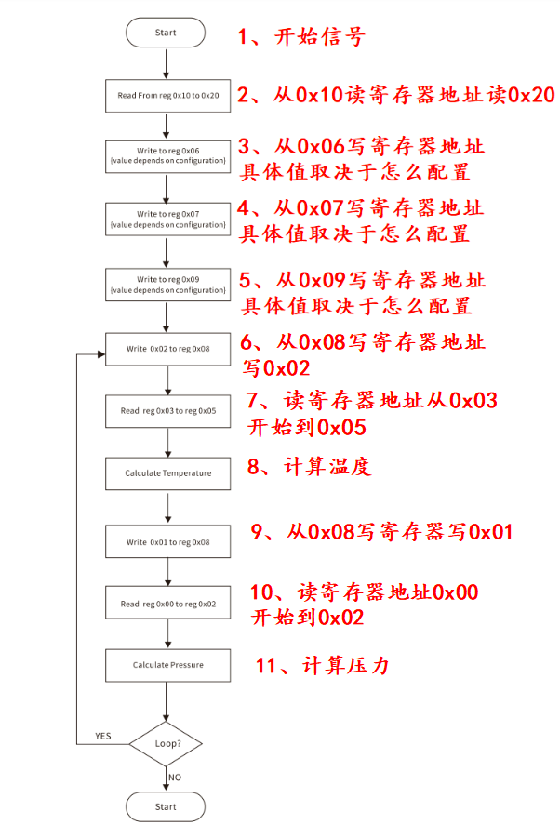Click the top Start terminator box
[x=166, y=33]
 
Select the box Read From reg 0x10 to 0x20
[x=168, y=96]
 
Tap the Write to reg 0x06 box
[x=168, y=154]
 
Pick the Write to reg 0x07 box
[x=168, y=220]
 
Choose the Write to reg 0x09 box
[x=168, y=285]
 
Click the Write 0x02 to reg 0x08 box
[x=168, y=349]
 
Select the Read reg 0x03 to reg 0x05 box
[x=168, y=411]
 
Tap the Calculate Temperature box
[x=168, y=473]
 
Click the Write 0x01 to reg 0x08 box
[x=168, y=541]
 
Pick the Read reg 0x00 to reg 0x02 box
[x=168, y=604]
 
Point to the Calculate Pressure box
[x=168, y=665]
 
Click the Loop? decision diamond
[x=167, y=744]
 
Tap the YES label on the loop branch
[x=103, y=736]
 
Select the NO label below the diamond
[x=175, y=777]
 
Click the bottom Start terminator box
[x=166, y=806]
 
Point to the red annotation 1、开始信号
[x=300, y=38]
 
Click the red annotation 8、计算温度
[x=309, y=467]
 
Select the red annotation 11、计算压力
[x=321, y=666]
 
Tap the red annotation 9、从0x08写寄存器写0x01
[x=381, y=532]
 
